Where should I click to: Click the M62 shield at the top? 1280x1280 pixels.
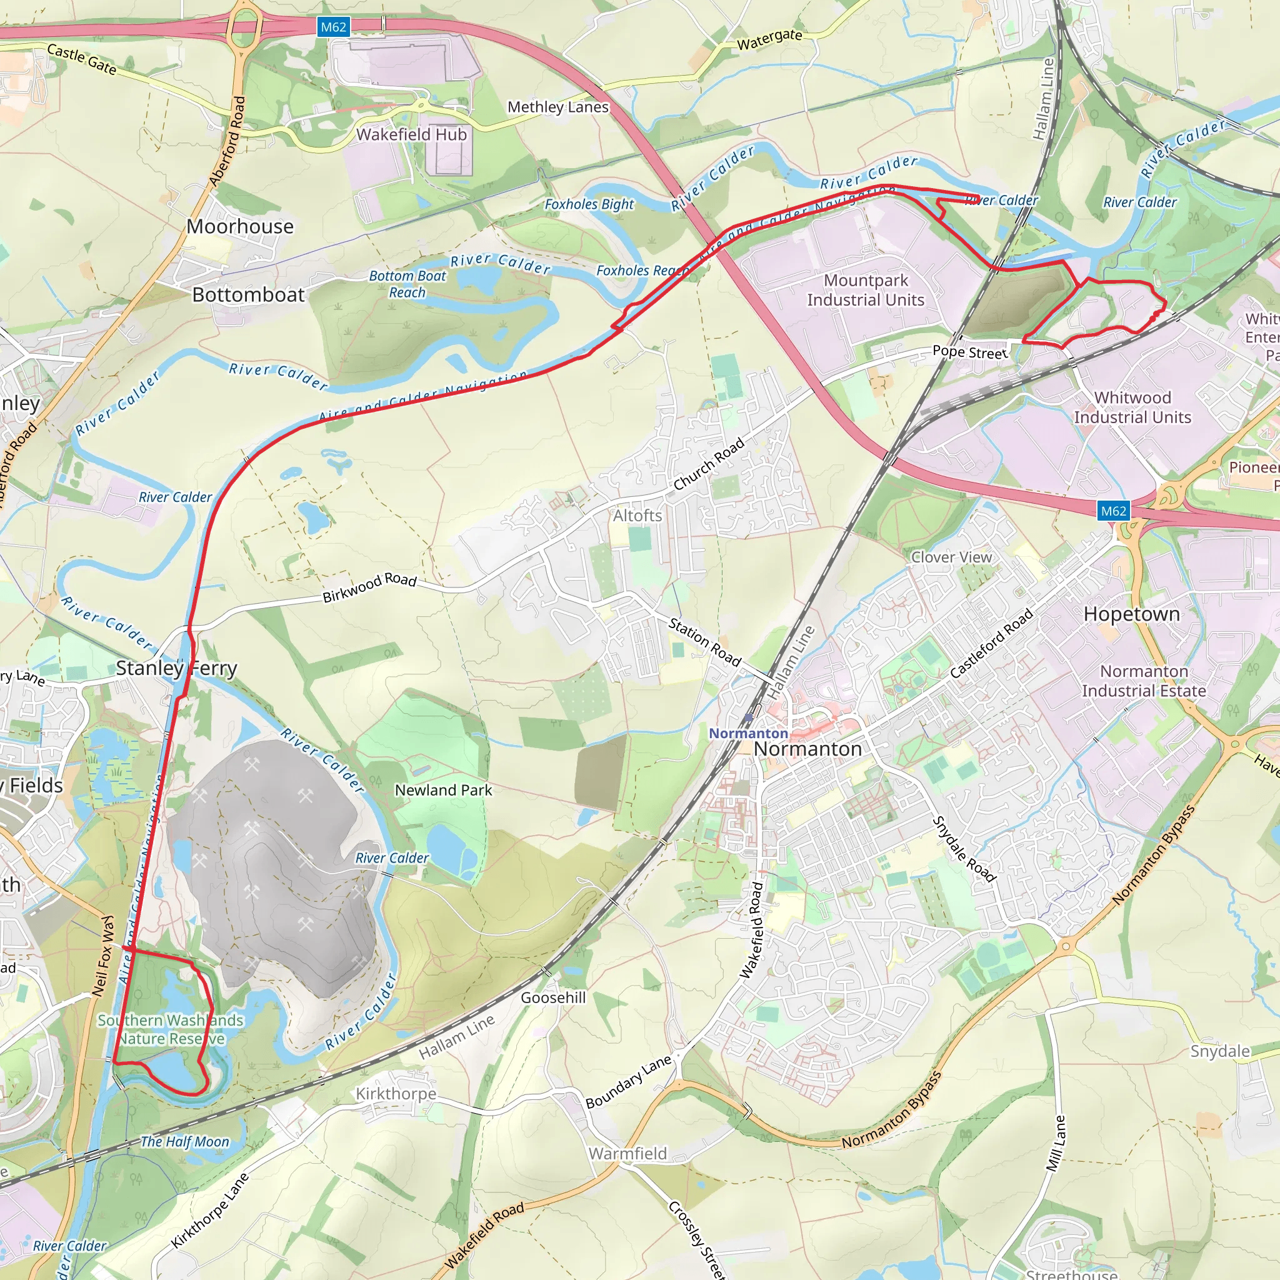pos(333,27)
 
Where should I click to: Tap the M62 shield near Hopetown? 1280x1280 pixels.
pos(1113,511)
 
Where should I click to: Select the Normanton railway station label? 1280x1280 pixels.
pos(748,733)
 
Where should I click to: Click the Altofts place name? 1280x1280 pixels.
pos(637,516)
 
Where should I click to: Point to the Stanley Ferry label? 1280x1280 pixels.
pos(176,668)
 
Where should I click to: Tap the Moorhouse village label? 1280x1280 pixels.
pos(240,227)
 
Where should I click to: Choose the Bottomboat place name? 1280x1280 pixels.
pos(249,295)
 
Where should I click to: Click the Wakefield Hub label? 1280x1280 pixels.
pos(411,134)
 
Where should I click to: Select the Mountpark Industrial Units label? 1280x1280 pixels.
pos(865,290)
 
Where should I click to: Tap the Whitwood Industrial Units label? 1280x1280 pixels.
pos(1132,407)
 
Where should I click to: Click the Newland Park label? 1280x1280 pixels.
pos(443,791)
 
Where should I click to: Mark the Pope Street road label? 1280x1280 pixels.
pos(970,352)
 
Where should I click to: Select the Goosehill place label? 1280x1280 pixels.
pos(553,997)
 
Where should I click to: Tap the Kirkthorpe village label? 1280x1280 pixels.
pos(396,1094)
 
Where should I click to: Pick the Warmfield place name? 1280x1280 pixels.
pos(627,1154)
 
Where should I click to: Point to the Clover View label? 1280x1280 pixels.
pos(951,557)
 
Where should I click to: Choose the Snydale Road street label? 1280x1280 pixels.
pos(964,849)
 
